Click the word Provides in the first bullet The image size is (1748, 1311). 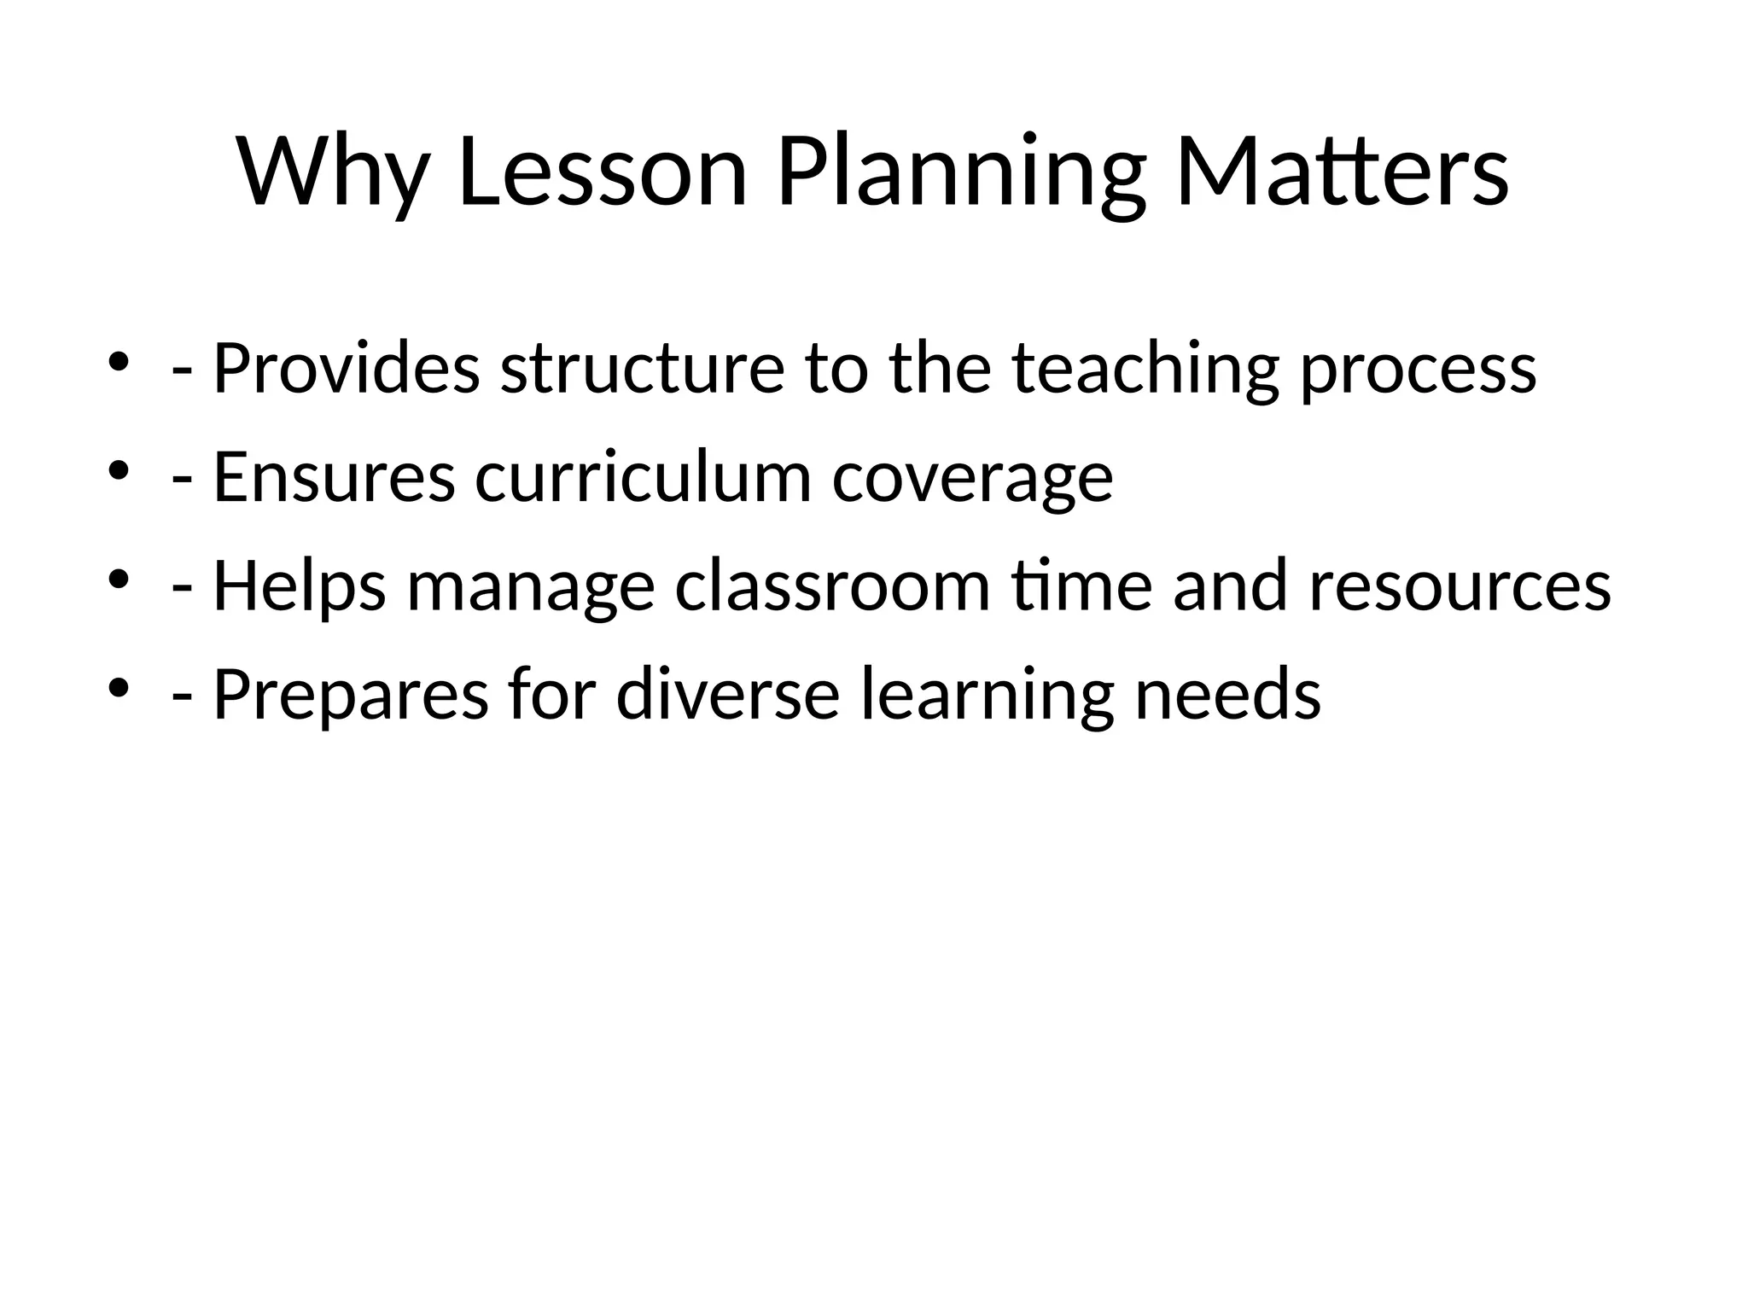click(x=347, y=368)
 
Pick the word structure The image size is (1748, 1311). click(x=642, y=368)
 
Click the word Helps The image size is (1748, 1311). click(x=300, y=586)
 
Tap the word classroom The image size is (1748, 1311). click(x=832, y=586)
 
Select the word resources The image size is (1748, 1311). click(x=1460, y=588)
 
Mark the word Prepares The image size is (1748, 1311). click(x=351, y=696)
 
